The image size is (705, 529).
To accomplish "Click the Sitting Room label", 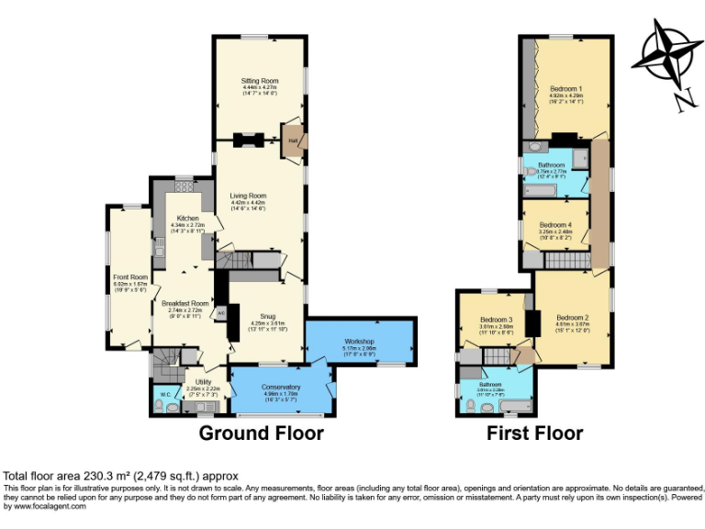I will pos(260,81).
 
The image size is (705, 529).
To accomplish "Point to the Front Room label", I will pos(130,277).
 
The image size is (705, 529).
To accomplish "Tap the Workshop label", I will pos(359,342).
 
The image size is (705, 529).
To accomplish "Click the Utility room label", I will pos(203,381).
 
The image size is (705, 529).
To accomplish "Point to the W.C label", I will pos(165,396).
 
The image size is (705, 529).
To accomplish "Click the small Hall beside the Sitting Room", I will pos(293,141).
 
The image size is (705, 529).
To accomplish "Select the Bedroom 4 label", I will pos(554,225).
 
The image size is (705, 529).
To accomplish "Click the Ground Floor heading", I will pos(261,432).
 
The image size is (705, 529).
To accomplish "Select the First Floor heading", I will pos(534,432).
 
